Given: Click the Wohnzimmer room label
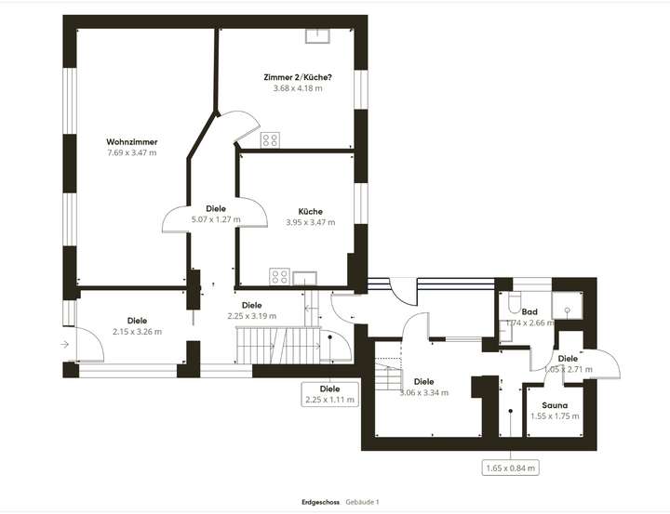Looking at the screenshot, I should (x=131, y=141).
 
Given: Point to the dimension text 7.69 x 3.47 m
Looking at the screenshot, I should (x=131, y=152).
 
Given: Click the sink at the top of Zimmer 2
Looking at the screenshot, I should (x=319, y=36).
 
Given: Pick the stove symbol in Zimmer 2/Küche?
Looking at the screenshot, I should (x=271, y=140).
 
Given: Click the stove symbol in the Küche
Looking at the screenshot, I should (x=278, y=275).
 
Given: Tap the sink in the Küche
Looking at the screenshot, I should (x=304, y=275).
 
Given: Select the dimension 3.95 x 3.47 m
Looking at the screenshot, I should (x=310, y=222).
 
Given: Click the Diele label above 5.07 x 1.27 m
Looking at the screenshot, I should (x=216, y=209).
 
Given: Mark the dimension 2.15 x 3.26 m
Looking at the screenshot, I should (x=137, y=332).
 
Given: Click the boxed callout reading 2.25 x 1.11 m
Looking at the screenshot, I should (x=329, y=394).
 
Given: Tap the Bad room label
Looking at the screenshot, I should (x=530, y=312).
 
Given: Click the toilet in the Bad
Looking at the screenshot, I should (x=515, y=304).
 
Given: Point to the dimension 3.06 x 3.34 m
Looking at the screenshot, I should (x=423, y=392).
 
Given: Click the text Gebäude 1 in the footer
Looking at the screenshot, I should (x=362, y=502).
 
